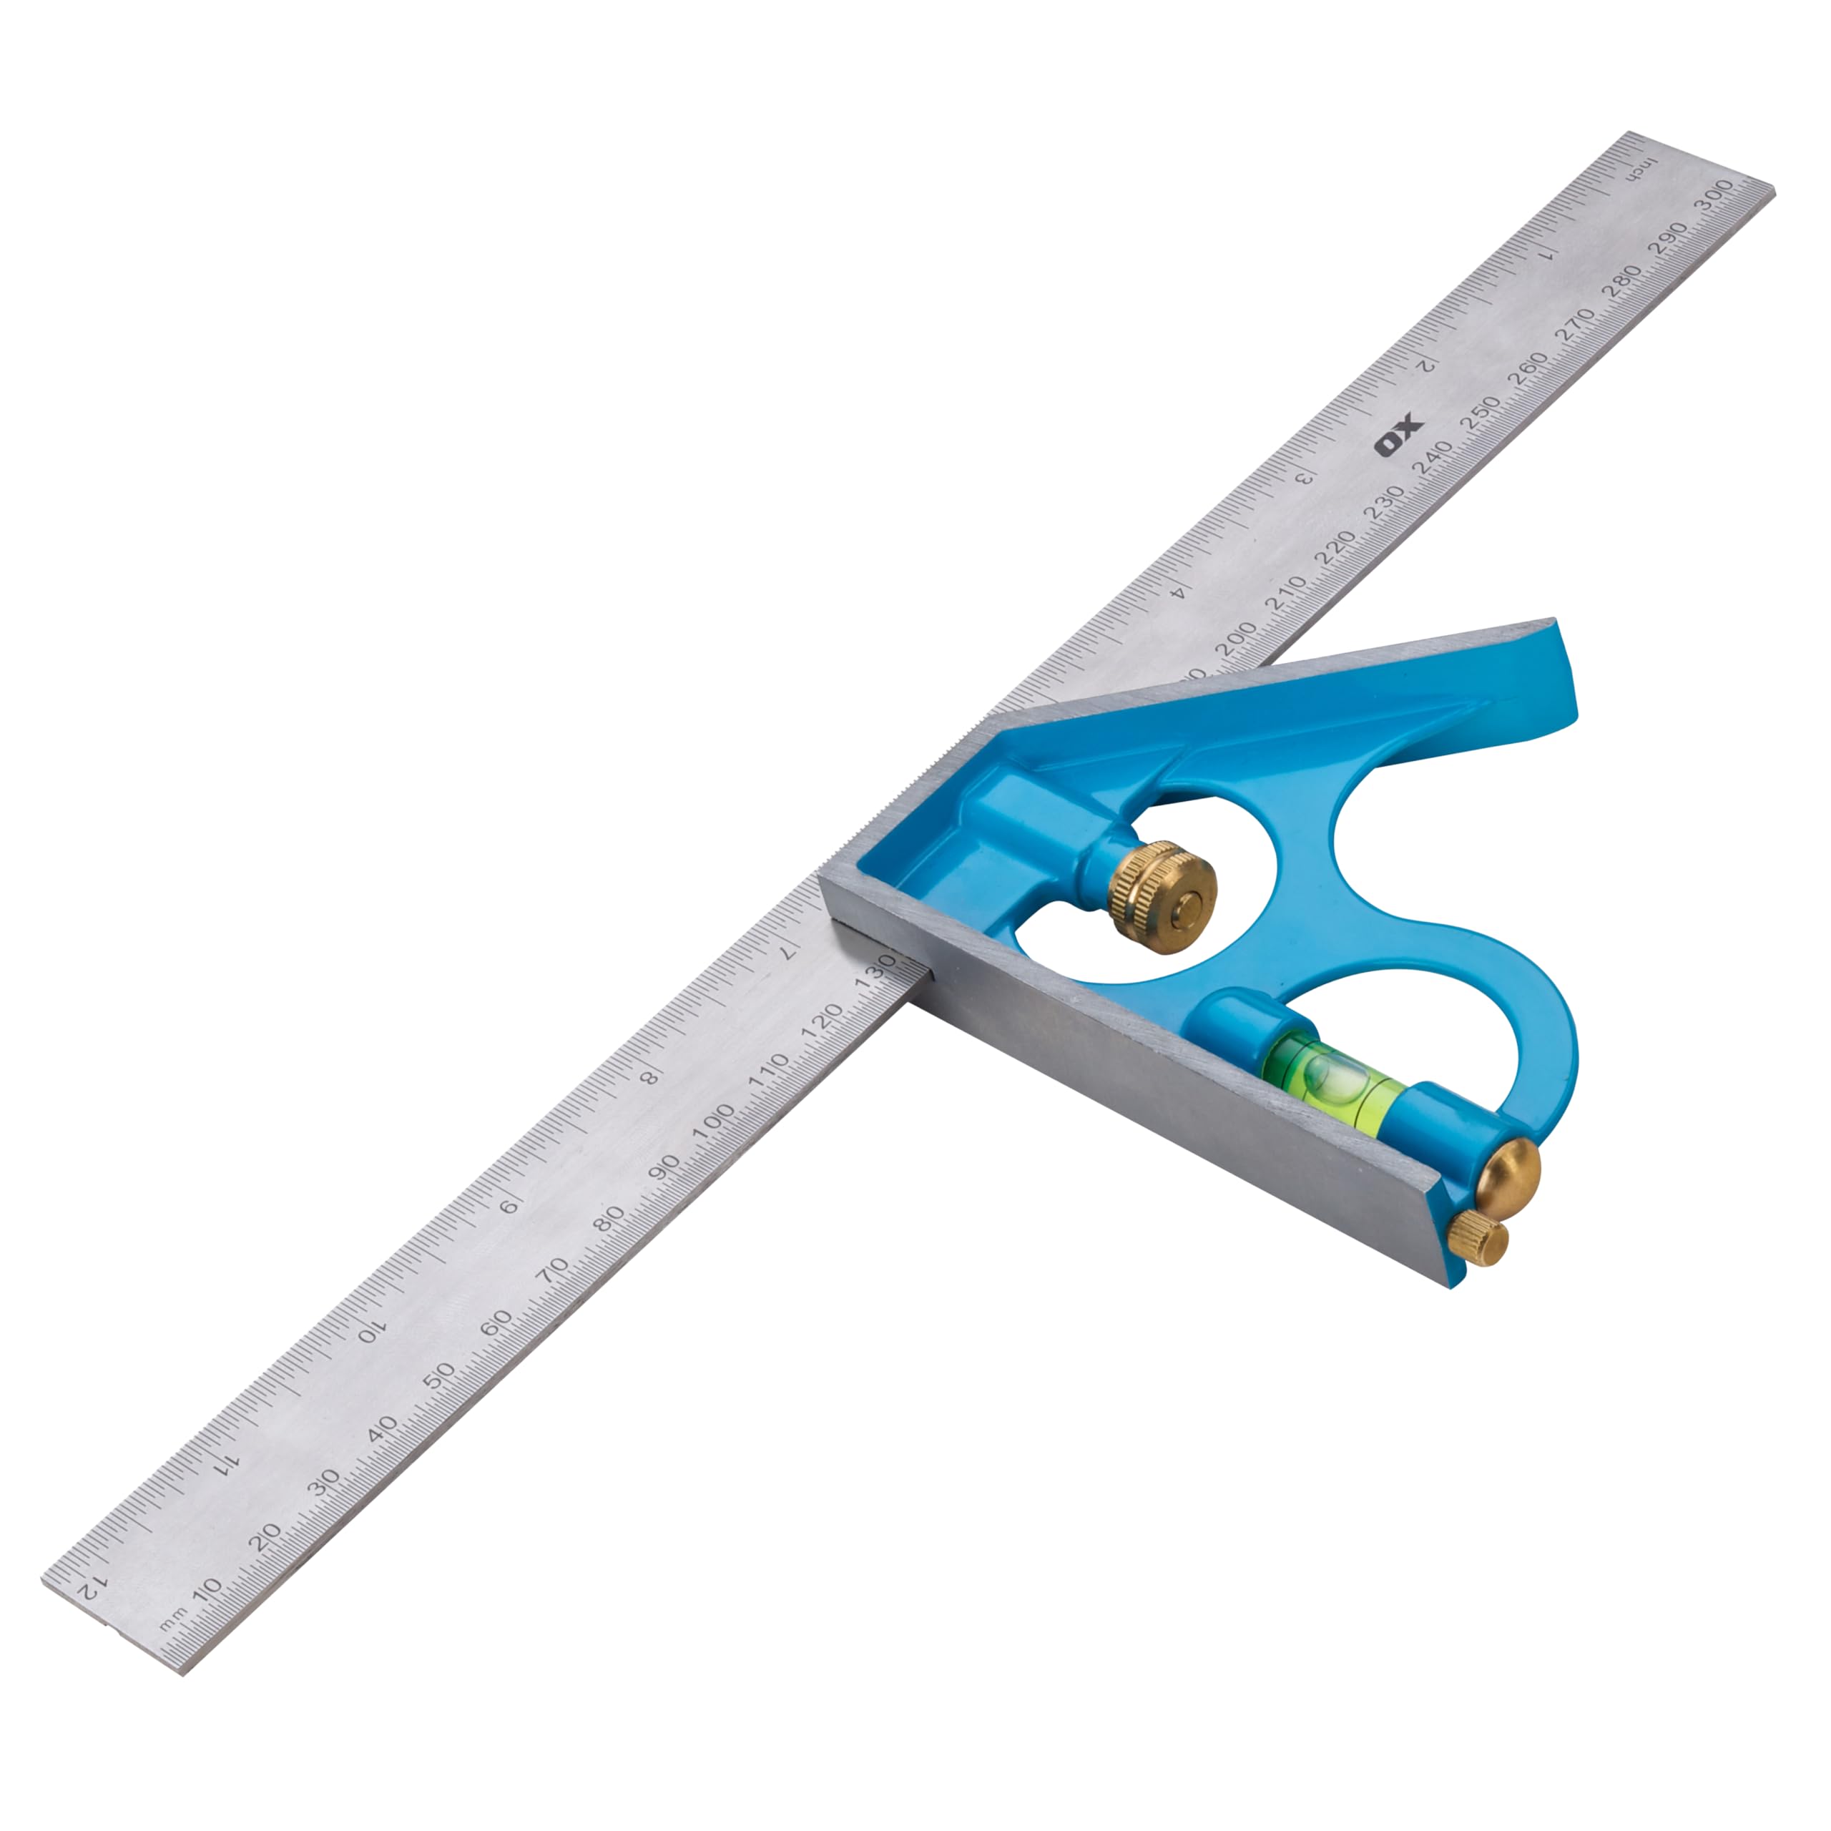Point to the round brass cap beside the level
[1511, 1174]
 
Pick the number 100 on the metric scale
[712, 1121]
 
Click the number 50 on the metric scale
[438, 1376]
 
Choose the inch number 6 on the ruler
[510, 1205]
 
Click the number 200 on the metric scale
[1235, 639]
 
